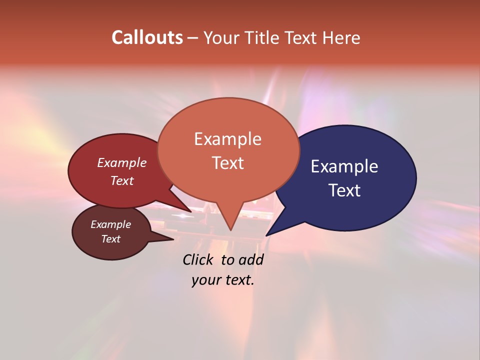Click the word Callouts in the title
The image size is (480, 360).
[147, 37]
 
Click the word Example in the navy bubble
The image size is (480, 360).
[344, 166]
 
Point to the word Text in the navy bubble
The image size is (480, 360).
[345, 190]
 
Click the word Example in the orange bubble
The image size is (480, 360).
[227, 139]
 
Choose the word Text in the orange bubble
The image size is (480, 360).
[227, 163]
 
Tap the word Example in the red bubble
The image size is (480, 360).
[121, 162]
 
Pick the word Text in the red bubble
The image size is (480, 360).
[121, 180]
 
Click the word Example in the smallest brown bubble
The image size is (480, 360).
[110, 224]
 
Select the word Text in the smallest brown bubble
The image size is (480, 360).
[110, 239]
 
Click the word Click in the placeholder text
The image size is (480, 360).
[198, 259]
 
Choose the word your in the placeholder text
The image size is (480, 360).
[205, 280]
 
